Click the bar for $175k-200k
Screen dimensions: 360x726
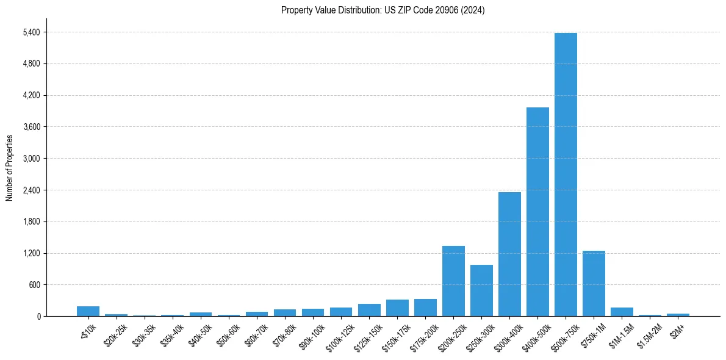pyautogui.click(x=425, y=308)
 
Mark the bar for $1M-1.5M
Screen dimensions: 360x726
pyautogui.click(x=622, y=312)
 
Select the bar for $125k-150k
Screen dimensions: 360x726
pyautogui.click(x=369, y=310)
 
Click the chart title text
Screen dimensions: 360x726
pyautogui.click(x=383, y=10)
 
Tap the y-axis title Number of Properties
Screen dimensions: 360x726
pyautogui.click(x=9, y=167)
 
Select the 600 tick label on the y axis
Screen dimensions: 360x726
pyautogui.click(x=34, y=285)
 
